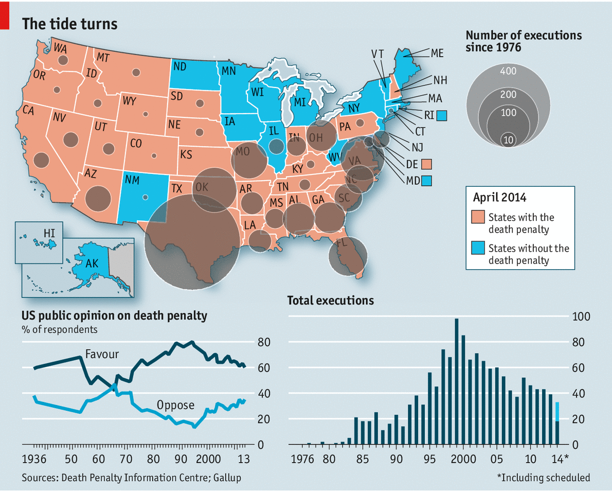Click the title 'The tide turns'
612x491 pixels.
(69, 24)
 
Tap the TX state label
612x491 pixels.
(176, 189)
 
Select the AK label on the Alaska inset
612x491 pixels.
(92, 264)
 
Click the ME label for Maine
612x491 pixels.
(437, 53)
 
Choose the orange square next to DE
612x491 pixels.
(426, 164)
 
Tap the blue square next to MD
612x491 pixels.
(426, 181)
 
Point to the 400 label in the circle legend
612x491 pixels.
(508, 71)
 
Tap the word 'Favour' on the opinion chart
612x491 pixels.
(102, 354)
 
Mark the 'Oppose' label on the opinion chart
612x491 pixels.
(176, 405)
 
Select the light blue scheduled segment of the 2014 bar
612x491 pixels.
(557, 412)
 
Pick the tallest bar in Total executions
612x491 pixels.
(456, 381)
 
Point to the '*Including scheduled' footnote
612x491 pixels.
(544, 478)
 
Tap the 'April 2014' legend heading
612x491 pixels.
(499, 197)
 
